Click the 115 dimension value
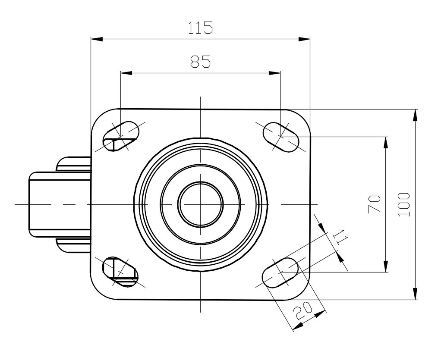pos(200,28)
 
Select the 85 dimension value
pos(201,62)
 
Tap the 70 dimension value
pos(375,204)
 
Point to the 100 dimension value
pos(404,204)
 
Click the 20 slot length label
pos(302,311)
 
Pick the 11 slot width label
pos(341,237)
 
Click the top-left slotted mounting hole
pos(121,136)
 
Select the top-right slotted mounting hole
pos(280,137)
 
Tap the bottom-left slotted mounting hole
pos(121,272)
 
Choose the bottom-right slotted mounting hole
pos(280,272)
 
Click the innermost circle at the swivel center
pos(201,204)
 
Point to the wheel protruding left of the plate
pos(60,204)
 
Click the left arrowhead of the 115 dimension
pos(97,39)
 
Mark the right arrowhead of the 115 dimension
pos(304,39)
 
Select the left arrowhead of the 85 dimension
pos(126,73)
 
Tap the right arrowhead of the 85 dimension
pos(275,73)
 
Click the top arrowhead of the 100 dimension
pos(415,115)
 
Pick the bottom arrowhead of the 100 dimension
pos(415,294)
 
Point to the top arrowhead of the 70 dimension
pos(386,142)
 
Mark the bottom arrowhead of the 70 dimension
pos(386,266)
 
